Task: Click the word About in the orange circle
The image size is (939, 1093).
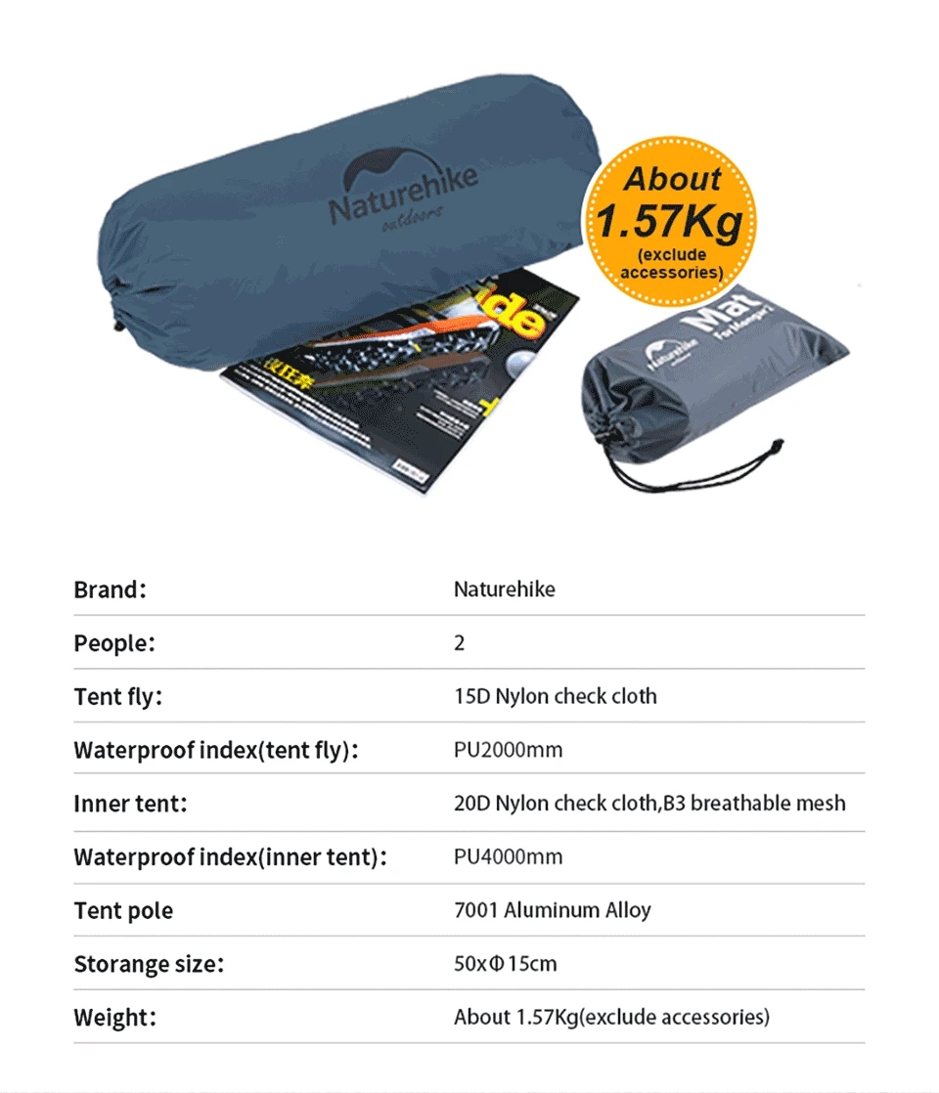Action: coord(672,179)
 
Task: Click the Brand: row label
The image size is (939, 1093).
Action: coord(110,590)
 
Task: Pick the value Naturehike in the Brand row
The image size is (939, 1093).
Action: coord(504,590)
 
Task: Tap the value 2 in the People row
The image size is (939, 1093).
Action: coord(460,643)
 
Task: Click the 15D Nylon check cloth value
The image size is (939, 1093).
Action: coord(555,697)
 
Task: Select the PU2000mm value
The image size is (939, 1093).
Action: coord(508,751)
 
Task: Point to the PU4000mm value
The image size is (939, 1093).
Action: coord(508,857)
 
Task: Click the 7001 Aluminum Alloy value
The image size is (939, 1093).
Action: coord(552,910)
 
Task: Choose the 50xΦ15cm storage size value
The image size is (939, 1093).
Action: coord(505,964)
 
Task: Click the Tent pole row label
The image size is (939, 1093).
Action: coord(123,911)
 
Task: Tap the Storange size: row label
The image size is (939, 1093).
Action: coord(149,965)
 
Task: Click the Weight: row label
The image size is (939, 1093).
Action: coord(114,1018)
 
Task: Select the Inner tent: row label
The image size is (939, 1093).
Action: coord(130,804)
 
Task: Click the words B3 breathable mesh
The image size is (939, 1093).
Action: coord(754,804)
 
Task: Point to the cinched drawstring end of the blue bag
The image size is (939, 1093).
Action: coord(118,313)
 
